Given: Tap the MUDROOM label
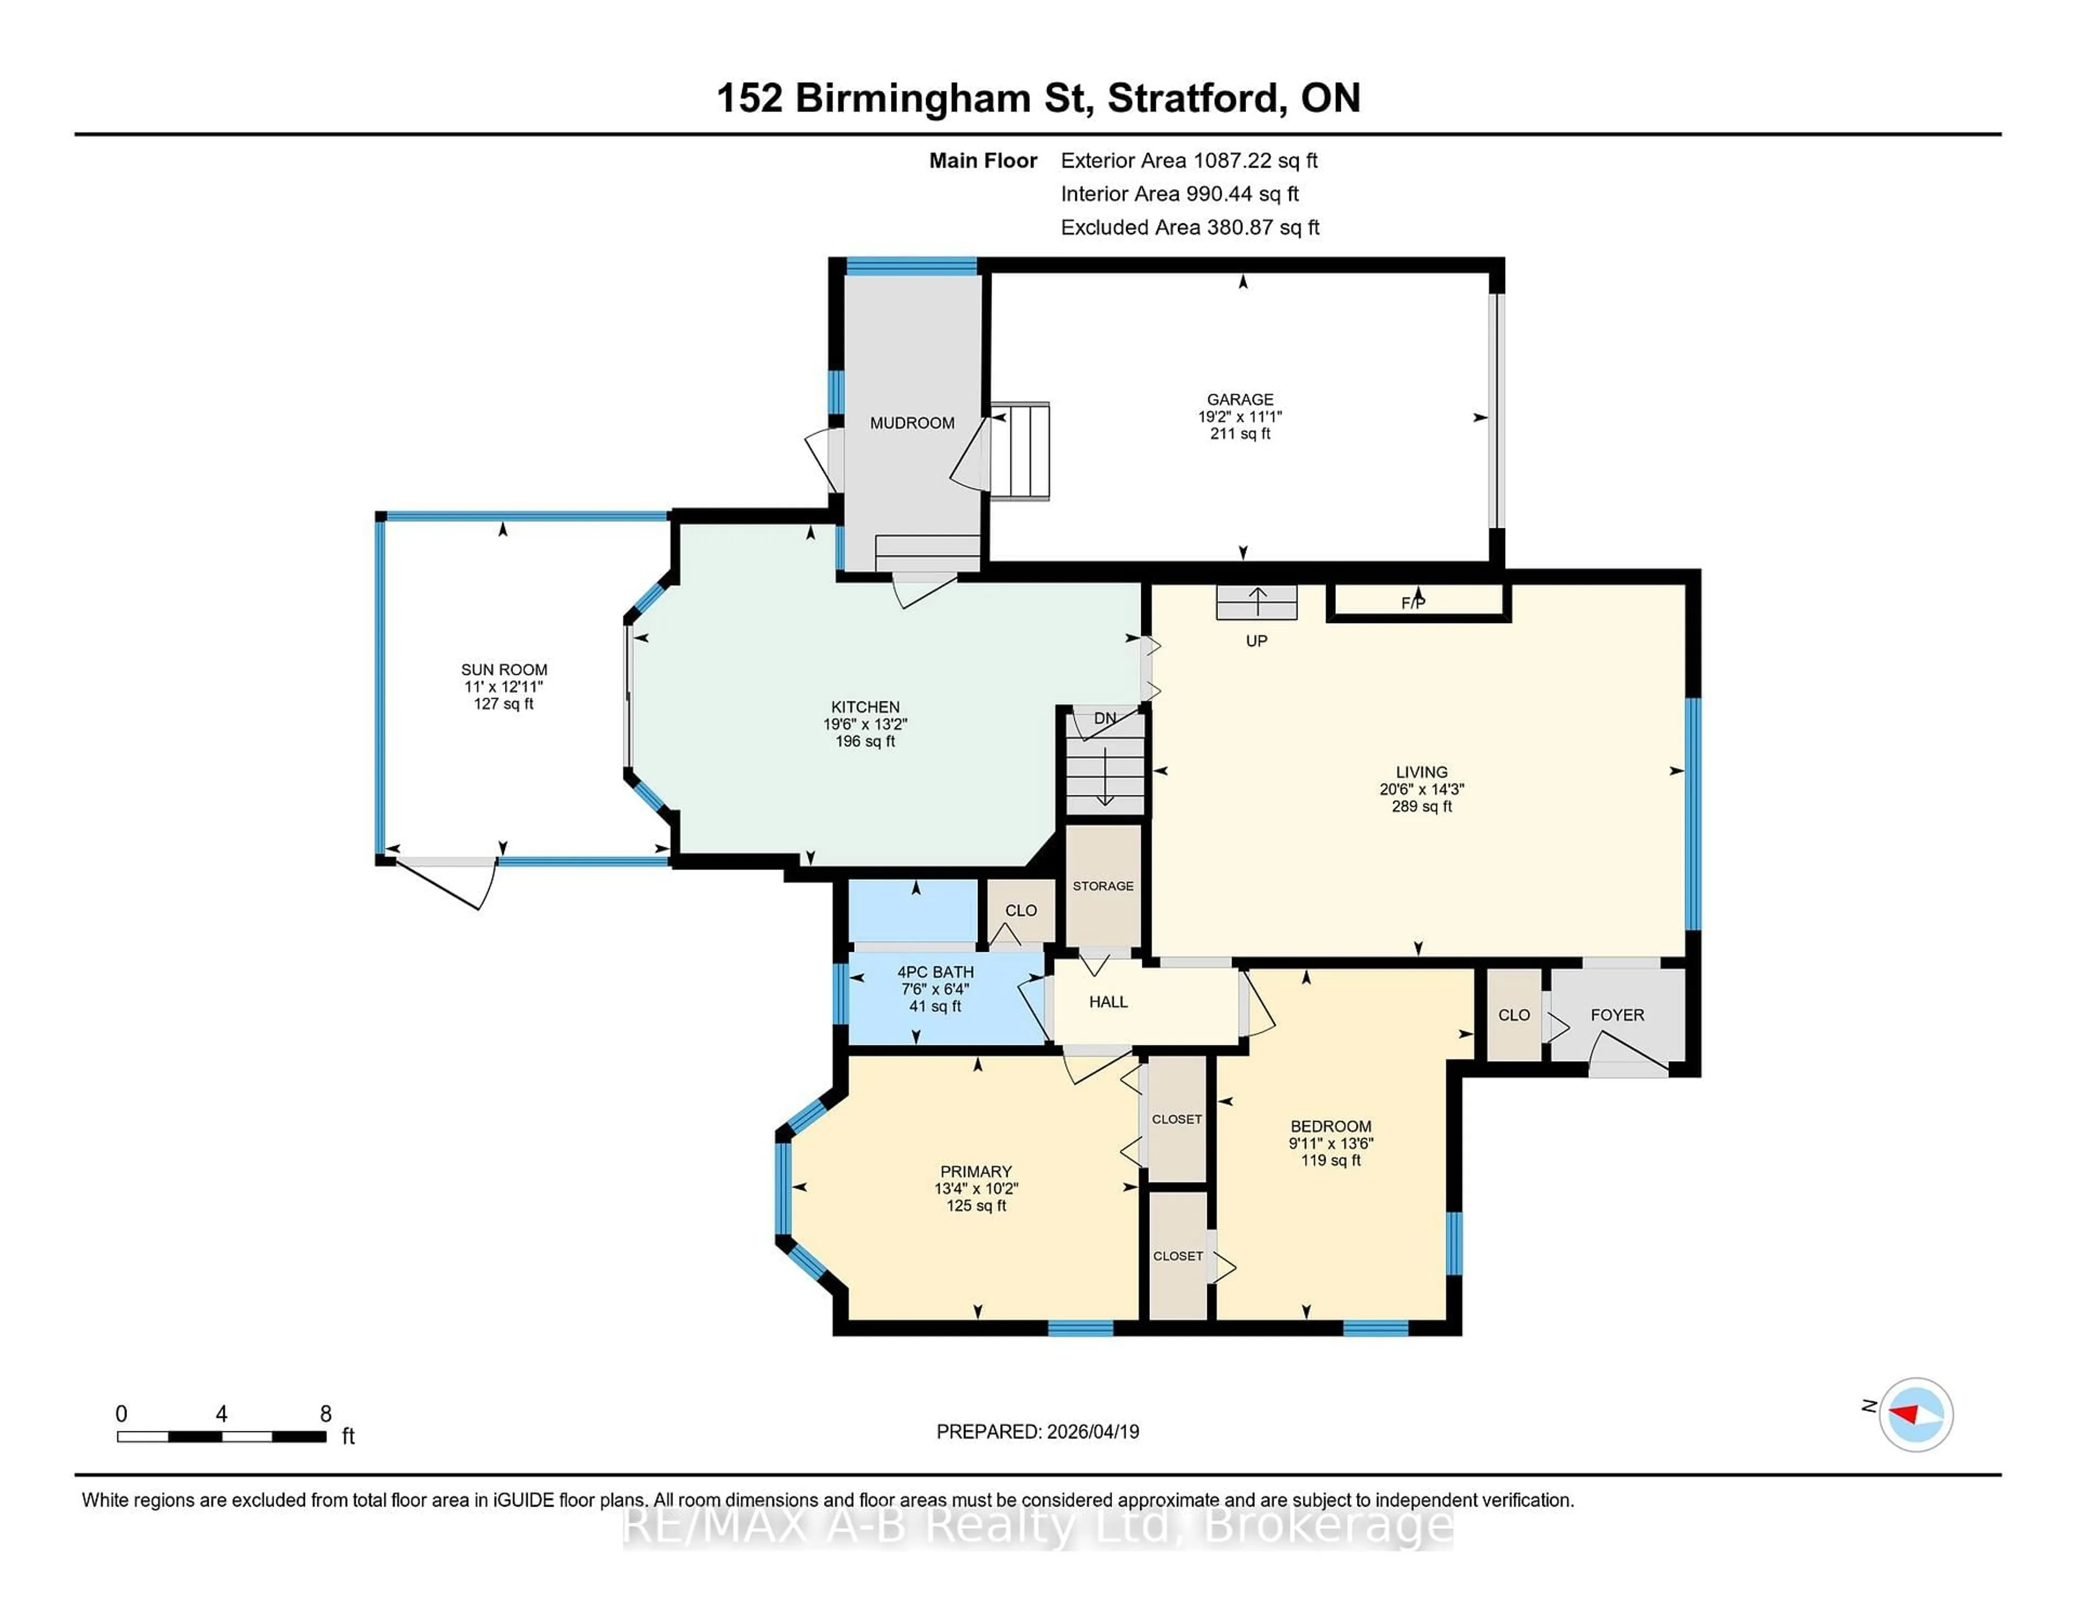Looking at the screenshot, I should click(911, 423).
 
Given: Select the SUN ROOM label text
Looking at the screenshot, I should click(504, 669).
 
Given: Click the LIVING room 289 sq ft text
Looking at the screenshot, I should click(1421, 806).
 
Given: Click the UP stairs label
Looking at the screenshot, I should click(1256, 641).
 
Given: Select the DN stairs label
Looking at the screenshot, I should click(1104, 719).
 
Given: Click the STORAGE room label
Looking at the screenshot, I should click(1103, 886).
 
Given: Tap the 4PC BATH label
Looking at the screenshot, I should click(935, 972).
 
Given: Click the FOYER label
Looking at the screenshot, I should click(1617, 1016).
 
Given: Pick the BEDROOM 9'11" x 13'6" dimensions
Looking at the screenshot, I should click(1331, 1144).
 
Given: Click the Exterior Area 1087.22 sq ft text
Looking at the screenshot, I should click(1188, 161).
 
